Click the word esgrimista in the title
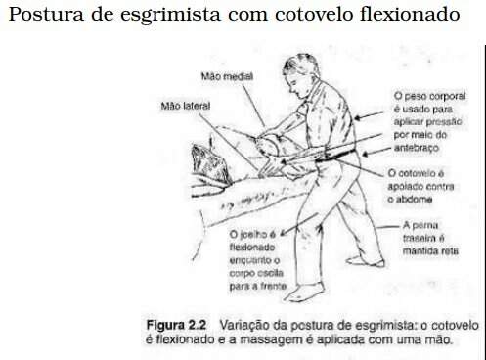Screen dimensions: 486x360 coord(170,15)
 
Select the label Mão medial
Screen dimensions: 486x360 coord(227,76)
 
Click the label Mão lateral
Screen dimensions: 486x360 coord(186,106)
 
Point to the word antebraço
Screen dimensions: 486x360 coord(417,148)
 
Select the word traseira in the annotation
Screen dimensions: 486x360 coord(420,238)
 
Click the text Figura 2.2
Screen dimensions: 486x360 coord(176,325)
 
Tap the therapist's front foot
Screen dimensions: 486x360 coord(305,292)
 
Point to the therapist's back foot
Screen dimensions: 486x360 coord(365,261)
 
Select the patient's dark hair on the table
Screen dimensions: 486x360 coord(209,164)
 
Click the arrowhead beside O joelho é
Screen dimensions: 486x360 coord(283,232)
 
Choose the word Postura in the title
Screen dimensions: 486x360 coord(46,14)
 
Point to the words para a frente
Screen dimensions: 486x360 coord(258,286)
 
